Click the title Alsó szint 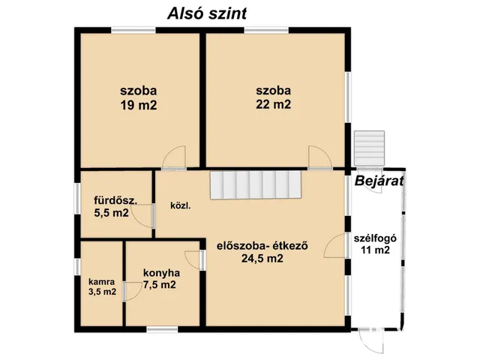click(208, 13)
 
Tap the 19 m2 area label click(139, 106)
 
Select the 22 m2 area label click(272, 104)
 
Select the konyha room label click(159, 271)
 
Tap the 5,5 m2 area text click(112, 214)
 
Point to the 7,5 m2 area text click(159, 284)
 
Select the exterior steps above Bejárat click(369, 148)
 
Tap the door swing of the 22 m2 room click(318, 157)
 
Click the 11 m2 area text click(373, 251)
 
